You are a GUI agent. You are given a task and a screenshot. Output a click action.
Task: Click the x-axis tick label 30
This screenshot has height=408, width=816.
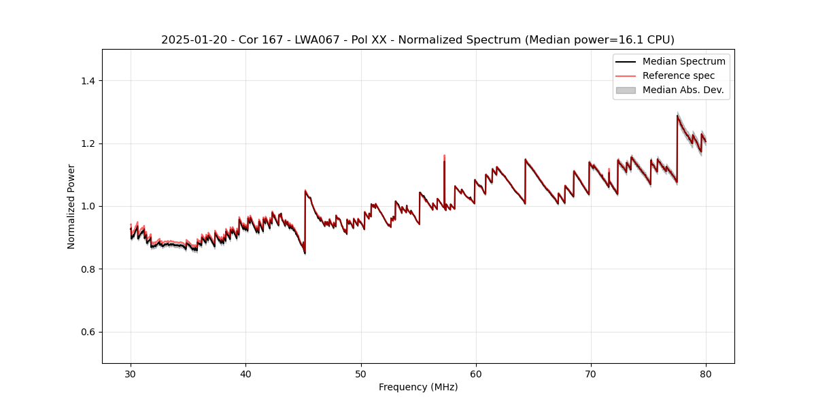131,373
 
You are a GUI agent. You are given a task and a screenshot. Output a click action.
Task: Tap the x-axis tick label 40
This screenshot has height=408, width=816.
245,373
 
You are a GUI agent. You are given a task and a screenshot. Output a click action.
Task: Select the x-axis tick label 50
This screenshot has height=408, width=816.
360,373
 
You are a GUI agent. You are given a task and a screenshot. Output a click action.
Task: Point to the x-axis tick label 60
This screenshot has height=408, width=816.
476,373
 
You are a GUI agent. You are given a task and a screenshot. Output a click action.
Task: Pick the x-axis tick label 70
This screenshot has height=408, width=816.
591,373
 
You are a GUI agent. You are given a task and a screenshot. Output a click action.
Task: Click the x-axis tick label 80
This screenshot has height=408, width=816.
706,373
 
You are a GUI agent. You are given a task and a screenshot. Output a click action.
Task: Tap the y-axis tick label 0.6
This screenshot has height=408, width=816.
88,332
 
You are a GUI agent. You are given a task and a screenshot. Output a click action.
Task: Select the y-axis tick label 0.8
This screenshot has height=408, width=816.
88,269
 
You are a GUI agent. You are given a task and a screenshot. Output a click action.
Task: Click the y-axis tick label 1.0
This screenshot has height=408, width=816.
88,206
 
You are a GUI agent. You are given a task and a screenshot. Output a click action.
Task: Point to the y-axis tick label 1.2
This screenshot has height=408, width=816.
88,143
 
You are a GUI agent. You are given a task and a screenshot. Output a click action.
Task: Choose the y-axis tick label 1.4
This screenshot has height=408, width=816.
88,81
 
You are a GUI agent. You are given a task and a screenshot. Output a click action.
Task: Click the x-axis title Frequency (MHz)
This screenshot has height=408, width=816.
418,387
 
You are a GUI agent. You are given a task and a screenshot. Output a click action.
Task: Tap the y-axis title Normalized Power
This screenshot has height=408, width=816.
71,206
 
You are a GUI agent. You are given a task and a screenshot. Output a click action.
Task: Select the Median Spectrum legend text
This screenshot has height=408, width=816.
683,62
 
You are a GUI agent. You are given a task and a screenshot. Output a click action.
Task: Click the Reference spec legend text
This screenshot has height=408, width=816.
678,75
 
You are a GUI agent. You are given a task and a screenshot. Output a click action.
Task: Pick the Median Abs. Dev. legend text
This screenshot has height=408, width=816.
683,90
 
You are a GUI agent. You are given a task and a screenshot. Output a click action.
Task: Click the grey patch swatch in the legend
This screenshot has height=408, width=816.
626,90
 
